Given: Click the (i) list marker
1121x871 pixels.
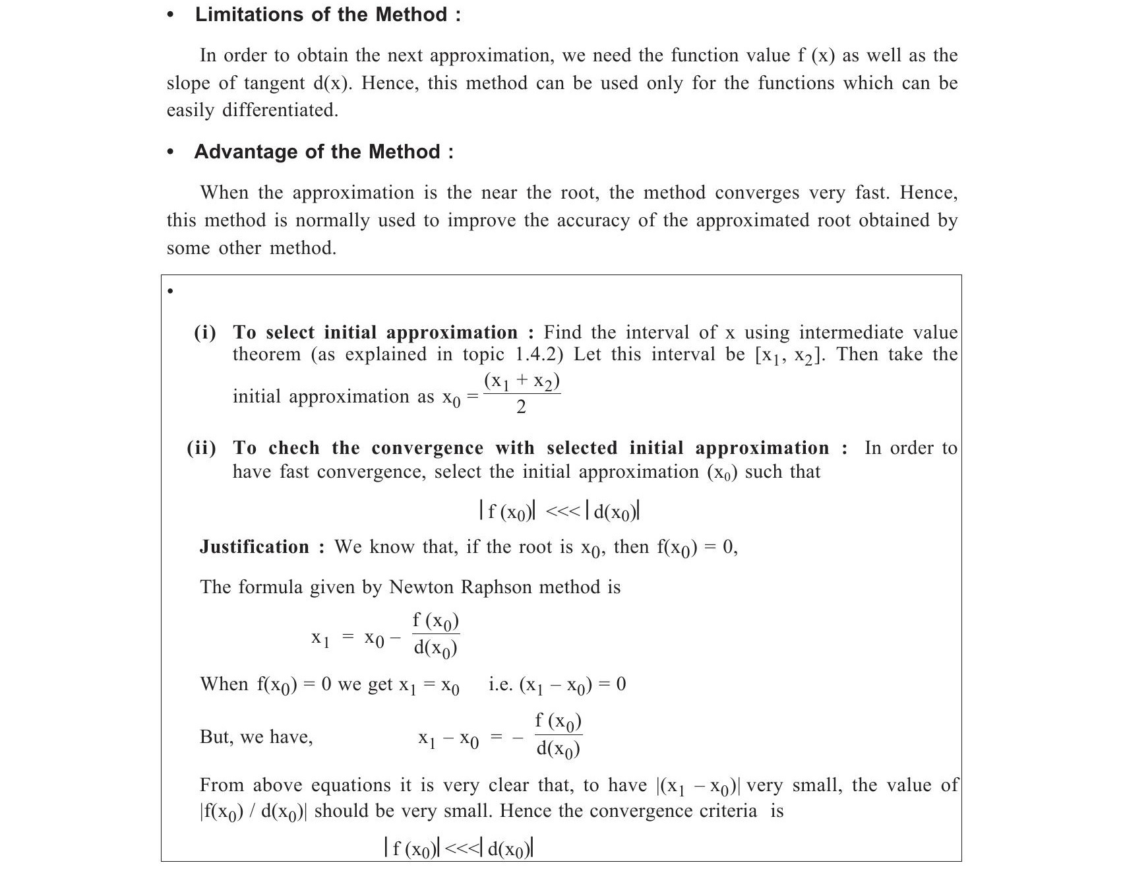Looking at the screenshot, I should (204, 333).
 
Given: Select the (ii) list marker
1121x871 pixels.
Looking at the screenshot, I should (202, 449).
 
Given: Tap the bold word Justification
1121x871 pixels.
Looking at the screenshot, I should (254, 547).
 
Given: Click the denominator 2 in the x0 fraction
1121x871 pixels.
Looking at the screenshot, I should (521, 408).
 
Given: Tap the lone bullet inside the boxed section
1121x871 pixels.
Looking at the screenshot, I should (170, 291).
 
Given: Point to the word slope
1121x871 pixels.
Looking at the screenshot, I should (188, 84).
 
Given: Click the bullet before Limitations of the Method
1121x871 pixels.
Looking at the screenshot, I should (171, 15).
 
